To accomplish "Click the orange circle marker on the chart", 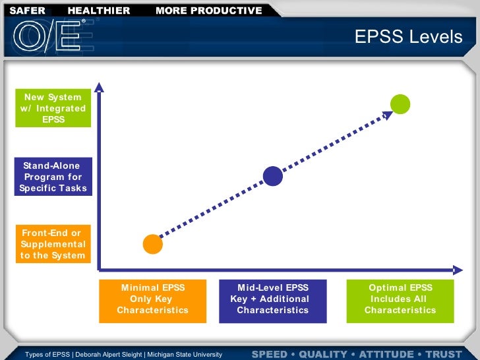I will (x=153, y=243).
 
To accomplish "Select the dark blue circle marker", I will (x=272, y=175).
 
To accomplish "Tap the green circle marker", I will (x=400, y=104).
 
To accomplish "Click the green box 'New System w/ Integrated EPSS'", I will (x=53, y=108).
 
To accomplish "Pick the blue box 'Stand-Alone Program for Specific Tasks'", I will (x=53, y=176).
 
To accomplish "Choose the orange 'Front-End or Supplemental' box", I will (x=53, y=244).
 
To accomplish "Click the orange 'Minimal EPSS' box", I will (x=152, y=300).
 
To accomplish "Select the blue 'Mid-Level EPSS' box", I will (x=272, y=300).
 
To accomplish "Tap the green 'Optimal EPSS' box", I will (x=400, y=300).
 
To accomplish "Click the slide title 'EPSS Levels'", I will (x=409, y=37).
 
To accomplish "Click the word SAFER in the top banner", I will (x=27, y=11).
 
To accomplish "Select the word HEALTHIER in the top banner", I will (x=99, y=11).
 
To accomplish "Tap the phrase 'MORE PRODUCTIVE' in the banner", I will (x=208, y=11).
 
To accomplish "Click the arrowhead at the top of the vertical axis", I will (x=99, y=86).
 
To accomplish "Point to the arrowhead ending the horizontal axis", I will (x=456, y=269).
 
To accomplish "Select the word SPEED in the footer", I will (x=270, y=354).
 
